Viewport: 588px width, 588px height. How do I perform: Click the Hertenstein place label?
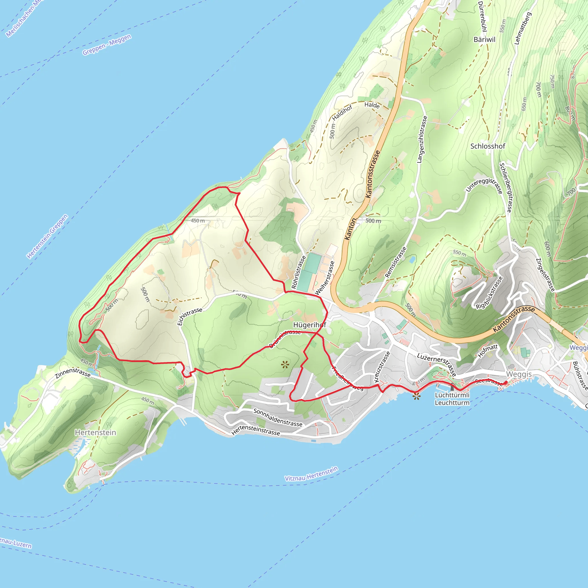tap(95, 432)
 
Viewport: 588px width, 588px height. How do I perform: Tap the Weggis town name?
tap(519, 374)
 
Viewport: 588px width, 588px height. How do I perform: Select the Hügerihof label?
tap(310, 325)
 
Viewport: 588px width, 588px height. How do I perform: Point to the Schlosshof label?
tap(488, 146)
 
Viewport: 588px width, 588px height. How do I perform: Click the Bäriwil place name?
tap(485, 40)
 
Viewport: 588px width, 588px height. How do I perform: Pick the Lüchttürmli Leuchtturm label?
tap(452, 399)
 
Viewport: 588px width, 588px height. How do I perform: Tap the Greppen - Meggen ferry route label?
tap(107, 45)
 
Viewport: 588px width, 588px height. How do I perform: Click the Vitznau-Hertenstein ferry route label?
tap(311, 474)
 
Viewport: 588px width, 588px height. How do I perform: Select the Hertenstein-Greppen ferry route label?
tap(47, 237)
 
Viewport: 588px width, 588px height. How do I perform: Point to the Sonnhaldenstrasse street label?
tap(278, 417)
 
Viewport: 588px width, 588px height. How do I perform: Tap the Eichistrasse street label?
tap(189, 316)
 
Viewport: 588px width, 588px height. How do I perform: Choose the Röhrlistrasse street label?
tap(299, 272)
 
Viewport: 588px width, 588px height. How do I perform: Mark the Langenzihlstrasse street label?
tap(422, 139)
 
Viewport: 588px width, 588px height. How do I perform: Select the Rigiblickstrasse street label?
tap(489, 293)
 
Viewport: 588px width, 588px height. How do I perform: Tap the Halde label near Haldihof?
tap(372, 105)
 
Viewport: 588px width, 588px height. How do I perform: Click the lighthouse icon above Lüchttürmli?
tap(452, 387)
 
